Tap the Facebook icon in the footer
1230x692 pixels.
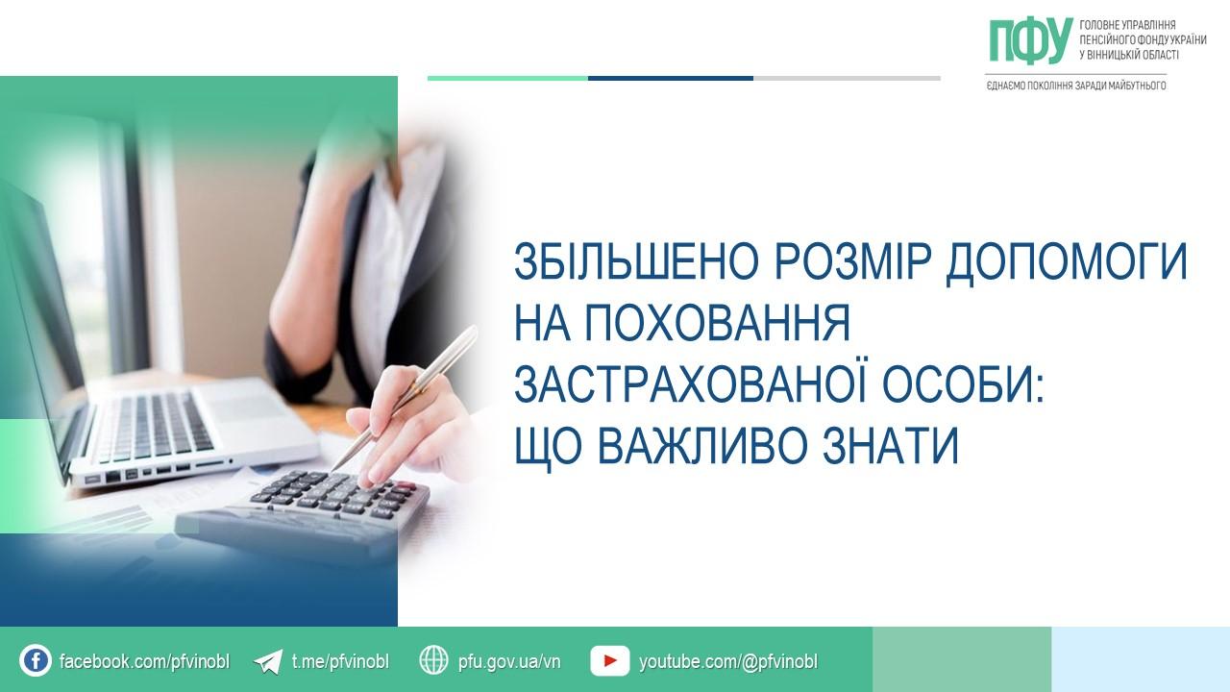point(36,660)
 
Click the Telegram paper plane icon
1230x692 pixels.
point(268,661)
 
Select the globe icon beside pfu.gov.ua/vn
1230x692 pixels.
point(433,660)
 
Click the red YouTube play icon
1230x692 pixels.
point(609,660)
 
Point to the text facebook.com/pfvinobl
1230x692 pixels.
point(144,661)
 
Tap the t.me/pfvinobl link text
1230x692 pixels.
point(340,661)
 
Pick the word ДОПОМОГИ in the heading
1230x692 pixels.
point(1067,262)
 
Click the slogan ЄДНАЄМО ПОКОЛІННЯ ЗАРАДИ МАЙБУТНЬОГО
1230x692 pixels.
point(1076,86)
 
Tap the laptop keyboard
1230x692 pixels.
point(151,429)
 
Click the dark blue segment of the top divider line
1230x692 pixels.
point(671,79)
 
